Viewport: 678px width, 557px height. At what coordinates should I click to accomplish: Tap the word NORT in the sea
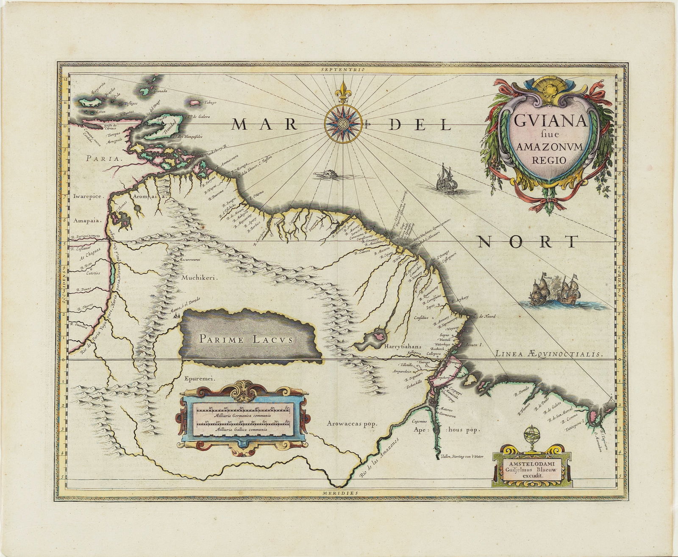[x=528, y=241]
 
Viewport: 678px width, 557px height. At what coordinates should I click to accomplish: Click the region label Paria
[x=103, y=158]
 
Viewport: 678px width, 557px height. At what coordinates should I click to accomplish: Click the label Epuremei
[x=197, y=380]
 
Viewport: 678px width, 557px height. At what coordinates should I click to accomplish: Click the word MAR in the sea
[x=263, y=124]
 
